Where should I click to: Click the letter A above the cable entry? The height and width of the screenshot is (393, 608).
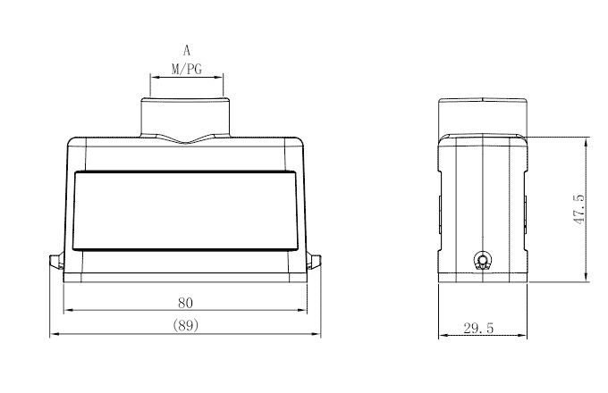click(186, 52)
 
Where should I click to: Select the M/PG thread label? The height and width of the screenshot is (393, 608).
click(186, 68)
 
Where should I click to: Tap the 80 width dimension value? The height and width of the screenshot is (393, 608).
click(186, 302)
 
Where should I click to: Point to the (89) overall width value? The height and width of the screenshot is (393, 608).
click(186, 326)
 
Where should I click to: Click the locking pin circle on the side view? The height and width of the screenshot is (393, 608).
click(484, 262)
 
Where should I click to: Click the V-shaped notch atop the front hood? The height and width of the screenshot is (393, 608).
click(186, 139)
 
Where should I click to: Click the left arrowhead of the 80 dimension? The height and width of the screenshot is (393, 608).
click(66, 311)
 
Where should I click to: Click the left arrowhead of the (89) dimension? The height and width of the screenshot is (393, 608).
click(52, 335)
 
